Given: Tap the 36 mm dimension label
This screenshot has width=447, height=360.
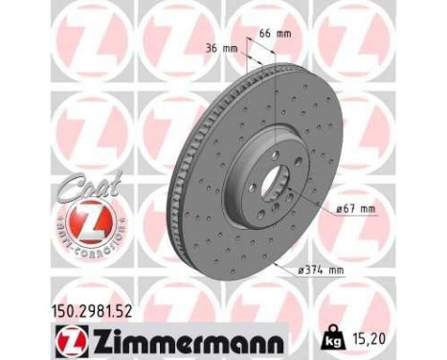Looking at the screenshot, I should click(x=223, y=49).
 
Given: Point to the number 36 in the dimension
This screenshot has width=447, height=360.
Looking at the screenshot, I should click(x=213, y=49).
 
